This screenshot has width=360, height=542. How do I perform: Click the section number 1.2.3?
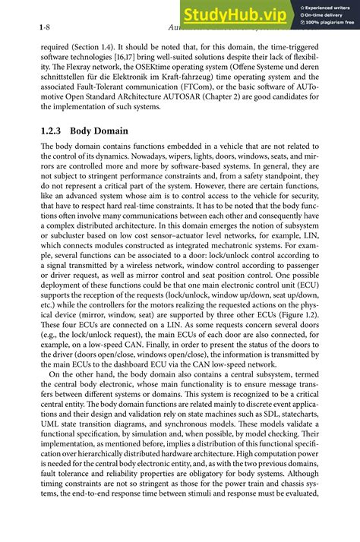[55, 131]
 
